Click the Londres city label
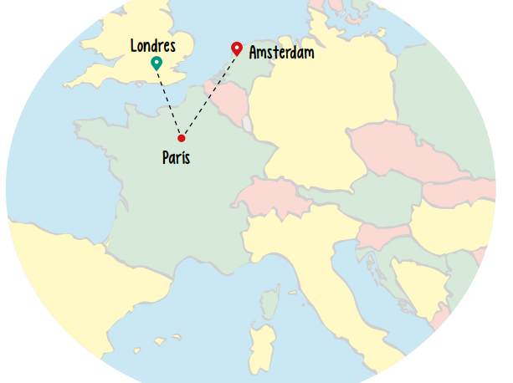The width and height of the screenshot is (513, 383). [x=153, y=45]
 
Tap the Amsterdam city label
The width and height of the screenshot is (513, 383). [x=281, y=53]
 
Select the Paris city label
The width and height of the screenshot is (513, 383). [x=176, y=156]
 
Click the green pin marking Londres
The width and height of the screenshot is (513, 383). [x=156, y=63]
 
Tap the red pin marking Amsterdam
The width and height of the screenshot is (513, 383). [x=237, y=49]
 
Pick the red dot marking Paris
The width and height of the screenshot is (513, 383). [x=181, y=138]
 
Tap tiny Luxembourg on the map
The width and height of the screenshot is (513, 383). [x=247, y=125]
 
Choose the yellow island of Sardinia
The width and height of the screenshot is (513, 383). [x=261, y=343]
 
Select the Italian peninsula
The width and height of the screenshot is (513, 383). [x=335, y=276]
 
